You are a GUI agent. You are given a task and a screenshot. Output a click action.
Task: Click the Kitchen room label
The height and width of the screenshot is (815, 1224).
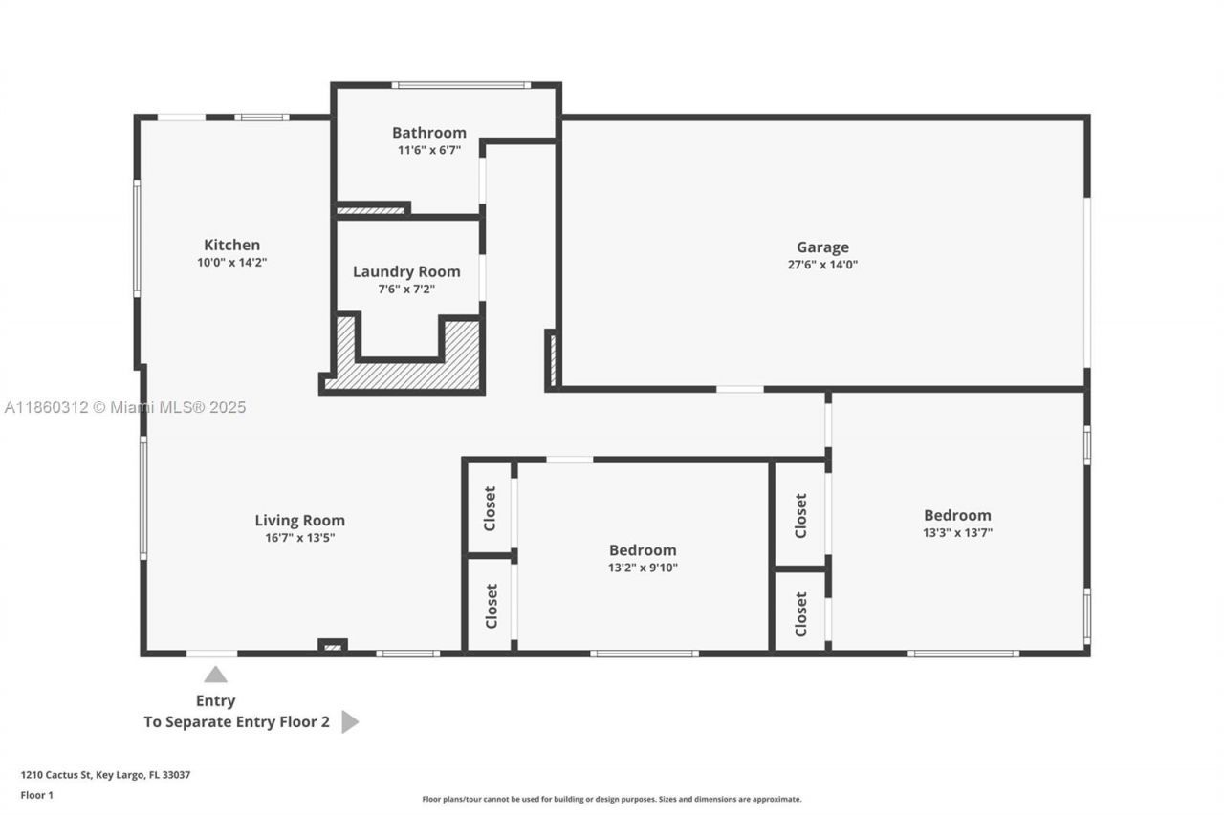tap(231, 245)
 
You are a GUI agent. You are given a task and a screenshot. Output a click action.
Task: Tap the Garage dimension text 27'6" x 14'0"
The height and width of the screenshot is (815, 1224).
tap(822, 265)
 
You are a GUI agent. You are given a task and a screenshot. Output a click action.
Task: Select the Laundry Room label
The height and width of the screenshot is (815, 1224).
tap(406, 271)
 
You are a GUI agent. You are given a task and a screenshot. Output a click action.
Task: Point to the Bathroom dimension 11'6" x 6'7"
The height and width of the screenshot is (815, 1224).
tap(429, 150)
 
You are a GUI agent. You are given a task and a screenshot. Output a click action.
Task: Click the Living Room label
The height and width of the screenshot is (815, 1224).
tap(299, 521)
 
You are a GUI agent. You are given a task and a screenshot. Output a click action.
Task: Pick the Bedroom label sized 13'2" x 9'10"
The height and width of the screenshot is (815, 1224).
tap(643, 550)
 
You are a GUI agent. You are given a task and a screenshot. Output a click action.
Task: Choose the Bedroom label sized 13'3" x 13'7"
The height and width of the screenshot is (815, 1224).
tap(957, 515)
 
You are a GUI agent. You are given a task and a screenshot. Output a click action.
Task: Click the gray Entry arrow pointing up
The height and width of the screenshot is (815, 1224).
tap(215, 675)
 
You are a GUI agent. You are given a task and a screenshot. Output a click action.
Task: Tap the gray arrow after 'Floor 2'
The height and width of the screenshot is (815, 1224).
tap(349, 721)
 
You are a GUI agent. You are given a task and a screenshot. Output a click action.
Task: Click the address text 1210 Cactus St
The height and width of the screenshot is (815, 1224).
tap(105, 775)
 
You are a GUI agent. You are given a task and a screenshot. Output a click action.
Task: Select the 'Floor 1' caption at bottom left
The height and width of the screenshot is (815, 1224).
tap(37, 795)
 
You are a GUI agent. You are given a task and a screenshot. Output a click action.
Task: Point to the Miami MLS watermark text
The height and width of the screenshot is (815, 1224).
tap(125, 407)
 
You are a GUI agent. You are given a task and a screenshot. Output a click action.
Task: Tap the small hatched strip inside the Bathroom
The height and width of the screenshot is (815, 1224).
tap(371, 210)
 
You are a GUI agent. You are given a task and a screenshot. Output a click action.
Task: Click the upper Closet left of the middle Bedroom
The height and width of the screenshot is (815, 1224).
tap(490, 507)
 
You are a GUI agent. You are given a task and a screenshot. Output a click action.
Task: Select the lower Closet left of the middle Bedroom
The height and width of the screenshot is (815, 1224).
tap(491, 606)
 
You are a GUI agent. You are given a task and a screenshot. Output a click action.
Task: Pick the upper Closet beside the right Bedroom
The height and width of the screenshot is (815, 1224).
tap(800, 515)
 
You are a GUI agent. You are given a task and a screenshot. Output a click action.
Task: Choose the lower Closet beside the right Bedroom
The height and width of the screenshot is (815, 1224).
tap(800, 613)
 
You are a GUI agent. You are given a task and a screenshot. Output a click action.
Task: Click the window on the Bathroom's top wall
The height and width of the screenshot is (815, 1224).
tap(461, 85)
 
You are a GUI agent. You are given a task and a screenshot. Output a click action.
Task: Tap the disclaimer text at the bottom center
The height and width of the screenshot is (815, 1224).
tap(612, 799)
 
